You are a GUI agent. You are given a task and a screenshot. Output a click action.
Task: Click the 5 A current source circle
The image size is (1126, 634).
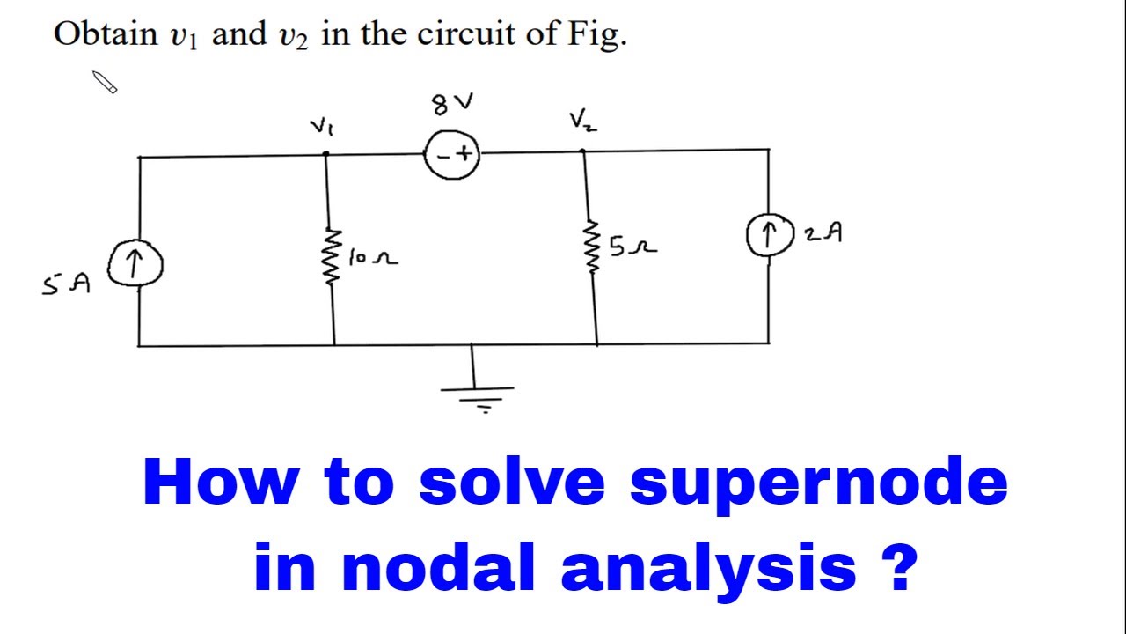135,264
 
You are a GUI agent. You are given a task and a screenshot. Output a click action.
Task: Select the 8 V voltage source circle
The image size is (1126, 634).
452,156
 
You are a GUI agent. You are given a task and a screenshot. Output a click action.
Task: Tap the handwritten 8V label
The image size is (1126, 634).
451,105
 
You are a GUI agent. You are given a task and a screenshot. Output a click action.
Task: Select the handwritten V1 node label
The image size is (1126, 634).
321,127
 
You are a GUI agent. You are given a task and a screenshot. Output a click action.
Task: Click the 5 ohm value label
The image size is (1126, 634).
632,247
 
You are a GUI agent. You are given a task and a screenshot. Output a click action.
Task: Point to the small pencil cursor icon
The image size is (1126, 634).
105,83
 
